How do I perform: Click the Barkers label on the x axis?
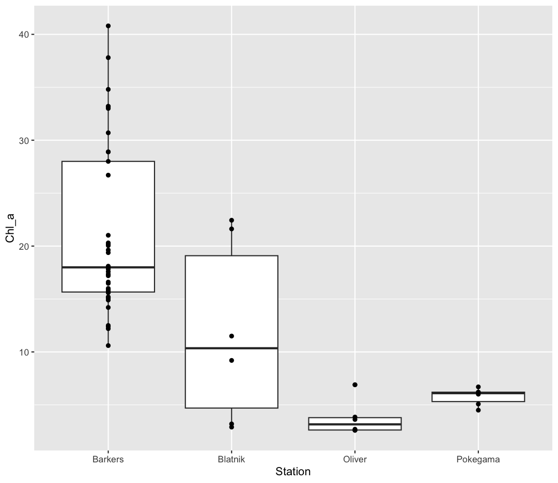[108, 459]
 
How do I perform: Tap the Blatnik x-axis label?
[231, 459]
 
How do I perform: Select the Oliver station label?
[355, 459]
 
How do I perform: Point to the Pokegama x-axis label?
[478, 459]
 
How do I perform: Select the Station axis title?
[293, 472]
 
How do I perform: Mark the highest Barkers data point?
[108, 26]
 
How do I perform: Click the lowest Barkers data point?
[108, 345]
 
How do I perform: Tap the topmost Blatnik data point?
[231, 220]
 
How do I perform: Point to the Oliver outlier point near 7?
[355, 385]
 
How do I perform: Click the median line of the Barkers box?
[108, 267]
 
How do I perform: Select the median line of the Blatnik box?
[231, 348]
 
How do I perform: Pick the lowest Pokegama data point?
[478, 410]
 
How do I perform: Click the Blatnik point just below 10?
[231, 360]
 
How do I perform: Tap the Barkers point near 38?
[108, 58]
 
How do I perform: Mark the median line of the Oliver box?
[355, 424]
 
